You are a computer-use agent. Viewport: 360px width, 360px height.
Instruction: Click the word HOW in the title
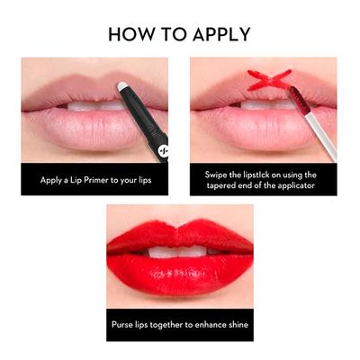[128, 34]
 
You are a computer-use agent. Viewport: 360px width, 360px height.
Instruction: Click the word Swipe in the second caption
[219, 173]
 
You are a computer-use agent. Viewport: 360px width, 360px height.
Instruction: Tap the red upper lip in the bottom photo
[180, 236]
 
